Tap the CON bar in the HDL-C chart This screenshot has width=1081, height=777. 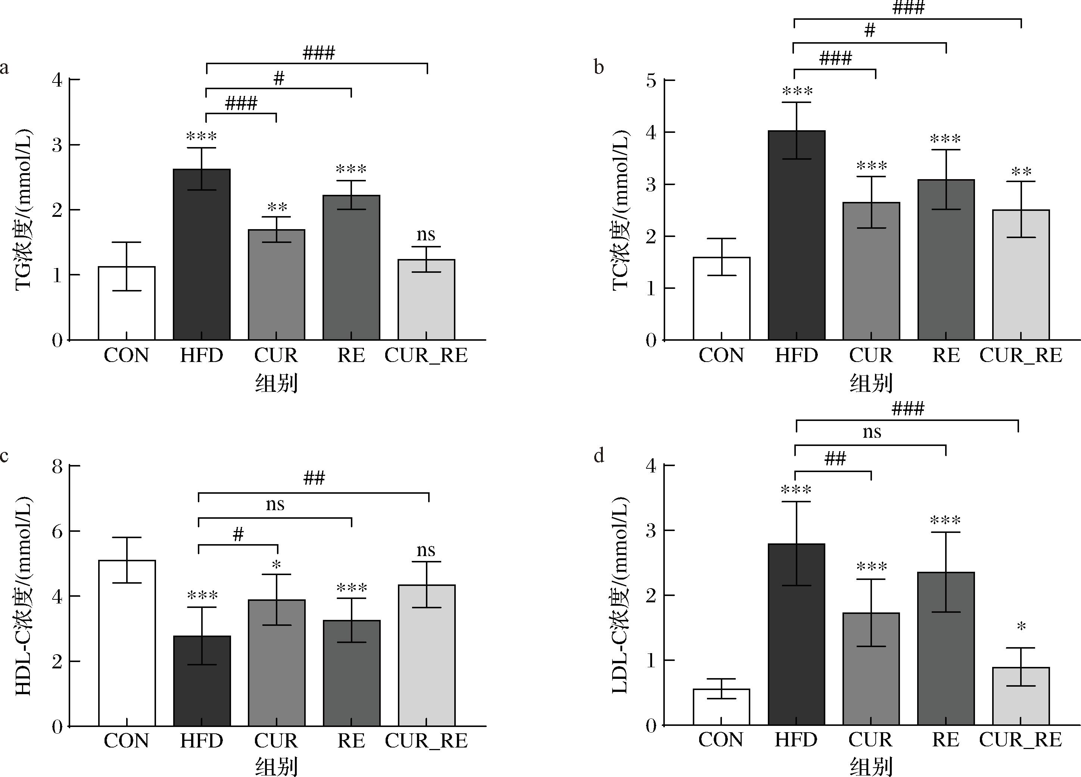coord(127,643)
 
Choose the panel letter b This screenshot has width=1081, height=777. coord(599,68)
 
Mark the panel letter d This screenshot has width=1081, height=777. coord(599,456)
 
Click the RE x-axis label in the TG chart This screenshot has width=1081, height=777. coord(351,355)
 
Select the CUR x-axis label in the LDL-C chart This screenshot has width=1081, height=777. coord(870,739)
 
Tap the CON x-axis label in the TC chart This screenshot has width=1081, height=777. coord(721,355)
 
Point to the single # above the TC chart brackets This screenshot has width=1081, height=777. coord(870,31)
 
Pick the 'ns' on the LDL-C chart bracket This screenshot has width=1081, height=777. coord(872,432)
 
